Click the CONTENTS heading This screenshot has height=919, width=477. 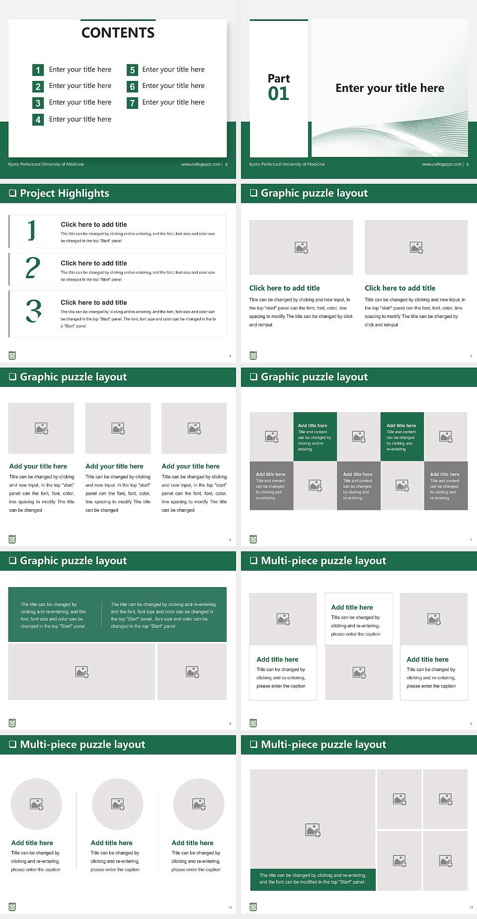point(118,33)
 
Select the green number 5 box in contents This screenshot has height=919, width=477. point(132,70)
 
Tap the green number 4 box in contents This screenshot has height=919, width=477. point(38,120)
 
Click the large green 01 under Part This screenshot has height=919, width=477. point(278,93)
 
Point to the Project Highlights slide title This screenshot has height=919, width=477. point(65,193)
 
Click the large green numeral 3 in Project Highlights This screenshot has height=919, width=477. point(33,311)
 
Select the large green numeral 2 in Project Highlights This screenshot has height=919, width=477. point(32,268)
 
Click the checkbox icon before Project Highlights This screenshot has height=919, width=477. point(13,193)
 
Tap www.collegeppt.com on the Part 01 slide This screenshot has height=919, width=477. point(441,164)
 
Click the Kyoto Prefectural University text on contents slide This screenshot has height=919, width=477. point(46,164)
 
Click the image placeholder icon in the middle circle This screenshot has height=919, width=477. point(118,803)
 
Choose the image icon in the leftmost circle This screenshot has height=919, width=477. point(37,803)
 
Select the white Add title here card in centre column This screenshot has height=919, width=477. point(359,619)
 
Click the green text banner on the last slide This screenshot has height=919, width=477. point(313,879)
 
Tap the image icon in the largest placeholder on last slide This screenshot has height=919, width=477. point(313,829)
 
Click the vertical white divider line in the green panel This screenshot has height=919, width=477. point(102,614)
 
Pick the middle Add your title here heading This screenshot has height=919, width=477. point(114,466)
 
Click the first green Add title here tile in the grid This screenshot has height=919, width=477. point(315,436)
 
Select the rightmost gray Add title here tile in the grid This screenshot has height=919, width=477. point(446,485)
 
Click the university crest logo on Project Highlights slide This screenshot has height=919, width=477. point(12,355)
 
